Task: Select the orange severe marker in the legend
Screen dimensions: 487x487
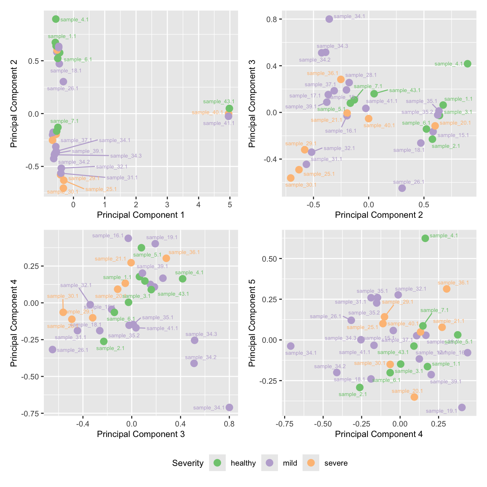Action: [311, 463]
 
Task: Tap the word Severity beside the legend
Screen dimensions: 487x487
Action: [188, 463]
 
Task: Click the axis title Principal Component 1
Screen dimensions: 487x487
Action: [141, 215]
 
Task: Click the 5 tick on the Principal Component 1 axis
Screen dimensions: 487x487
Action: [230, 204]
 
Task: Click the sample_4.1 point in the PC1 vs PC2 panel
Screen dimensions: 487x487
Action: [56, 19]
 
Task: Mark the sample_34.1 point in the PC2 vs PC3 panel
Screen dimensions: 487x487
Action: [329, 19]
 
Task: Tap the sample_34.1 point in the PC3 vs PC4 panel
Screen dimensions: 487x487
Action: [229, 407]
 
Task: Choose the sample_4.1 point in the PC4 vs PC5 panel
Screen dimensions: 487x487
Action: [425, 238]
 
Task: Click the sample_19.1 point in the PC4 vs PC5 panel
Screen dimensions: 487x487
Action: [462, 407]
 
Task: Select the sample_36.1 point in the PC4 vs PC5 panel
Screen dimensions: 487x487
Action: [446, 289]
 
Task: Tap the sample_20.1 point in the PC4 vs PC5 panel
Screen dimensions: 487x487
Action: [414, 397]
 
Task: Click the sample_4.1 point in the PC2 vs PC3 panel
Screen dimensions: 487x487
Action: [467, 64]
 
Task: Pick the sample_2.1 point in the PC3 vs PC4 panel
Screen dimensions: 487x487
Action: [104, 341]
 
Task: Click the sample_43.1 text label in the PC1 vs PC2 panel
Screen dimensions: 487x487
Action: [218, 102]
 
